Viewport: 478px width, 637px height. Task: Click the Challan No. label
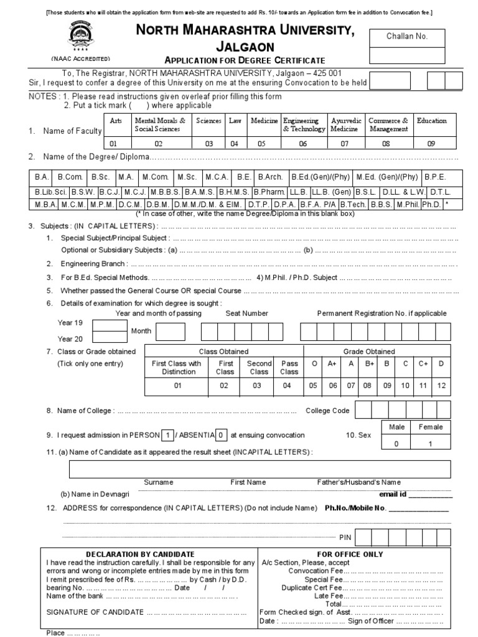point(408,36)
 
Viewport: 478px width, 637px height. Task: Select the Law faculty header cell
point(235,121)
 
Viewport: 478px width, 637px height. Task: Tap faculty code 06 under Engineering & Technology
point(303,143)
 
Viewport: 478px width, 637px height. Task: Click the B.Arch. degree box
point(270,177)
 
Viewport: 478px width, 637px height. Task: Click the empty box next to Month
point(170,332)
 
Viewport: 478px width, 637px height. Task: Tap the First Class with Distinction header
point(177,367)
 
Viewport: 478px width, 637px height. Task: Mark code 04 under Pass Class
point(287,386)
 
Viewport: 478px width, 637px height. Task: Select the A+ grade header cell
point(333,363)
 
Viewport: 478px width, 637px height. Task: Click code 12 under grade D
point(441,386)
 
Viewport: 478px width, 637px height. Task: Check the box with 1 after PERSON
point(168,435)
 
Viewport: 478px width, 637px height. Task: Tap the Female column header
point(431,427)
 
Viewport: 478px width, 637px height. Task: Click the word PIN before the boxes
point(345,537)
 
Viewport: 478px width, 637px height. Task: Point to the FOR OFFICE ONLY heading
point(350,554)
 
